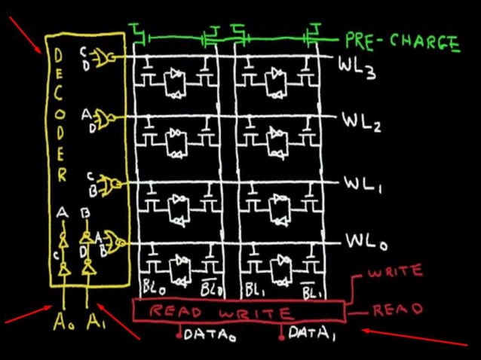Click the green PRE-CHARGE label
tap(403, 41)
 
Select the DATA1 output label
tap(311, 334)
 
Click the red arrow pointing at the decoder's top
tap(26, 36)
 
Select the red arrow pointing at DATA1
tap(415, 337)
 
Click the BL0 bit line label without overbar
tap(151, 286)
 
